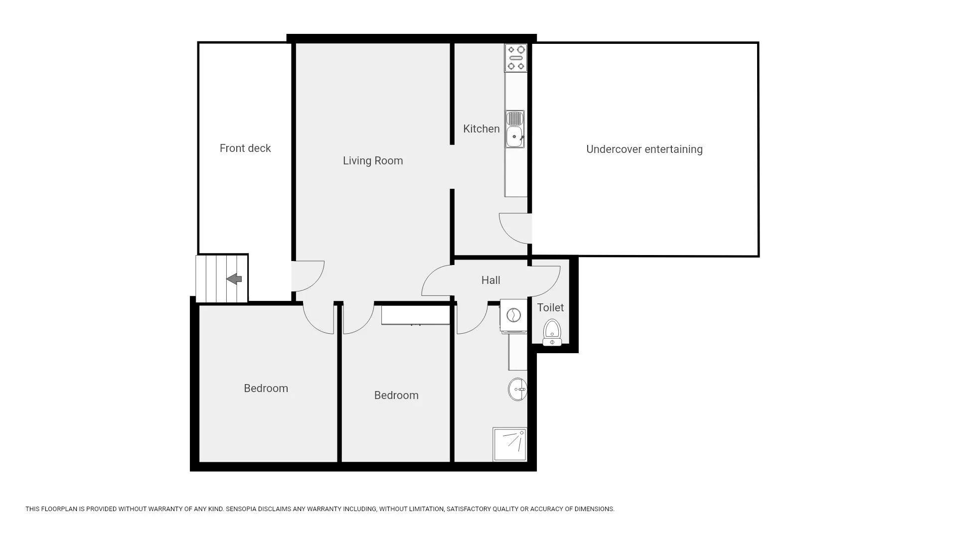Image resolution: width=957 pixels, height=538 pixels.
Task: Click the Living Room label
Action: click(373, 161)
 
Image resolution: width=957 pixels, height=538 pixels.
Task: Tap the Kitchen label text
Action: click(481, 129)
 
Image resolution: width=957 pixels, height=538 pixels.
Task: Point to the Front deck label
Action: click(245, 148)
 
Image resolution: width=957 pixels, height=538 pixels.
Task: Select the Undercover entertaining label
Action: click(644, 149)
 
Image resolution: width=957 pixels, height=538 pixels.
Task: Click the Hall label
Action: click(491, 280)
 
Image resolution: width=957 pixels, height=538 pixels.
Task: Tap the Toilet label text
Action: click(550, 308)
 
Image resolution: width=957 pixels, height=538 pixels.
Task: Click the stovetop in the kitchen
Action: click(516, 58)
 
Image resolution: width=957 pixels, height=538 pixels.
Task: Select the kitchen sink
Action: click(515, 129)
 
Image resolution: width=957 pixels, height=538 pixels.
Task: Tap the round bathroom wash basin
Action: click(517, 389)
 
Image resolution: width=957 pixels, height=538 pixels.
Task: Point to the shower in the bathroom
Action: click(509, 444)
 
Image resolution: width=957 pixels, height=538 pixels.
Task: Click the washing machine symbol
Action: click(513, 315)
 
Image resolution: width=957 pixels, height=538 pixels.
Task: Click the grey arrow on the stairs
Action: click(234, 279)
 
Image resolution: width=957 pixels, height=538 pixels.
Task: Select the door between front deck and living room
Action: click(308, 276)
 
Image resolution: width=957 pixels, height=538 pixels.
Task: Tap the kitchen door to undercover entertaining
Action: click(515, 228)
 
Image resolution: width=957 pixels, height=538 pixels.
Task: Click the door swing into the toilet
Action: click(544, 281)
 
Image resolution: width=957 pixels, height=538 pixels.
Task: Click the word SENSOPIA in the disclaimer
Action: click(241, 509)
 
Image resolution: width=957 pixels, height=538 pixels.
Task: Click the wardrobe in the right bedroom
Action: click(416, 315)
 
